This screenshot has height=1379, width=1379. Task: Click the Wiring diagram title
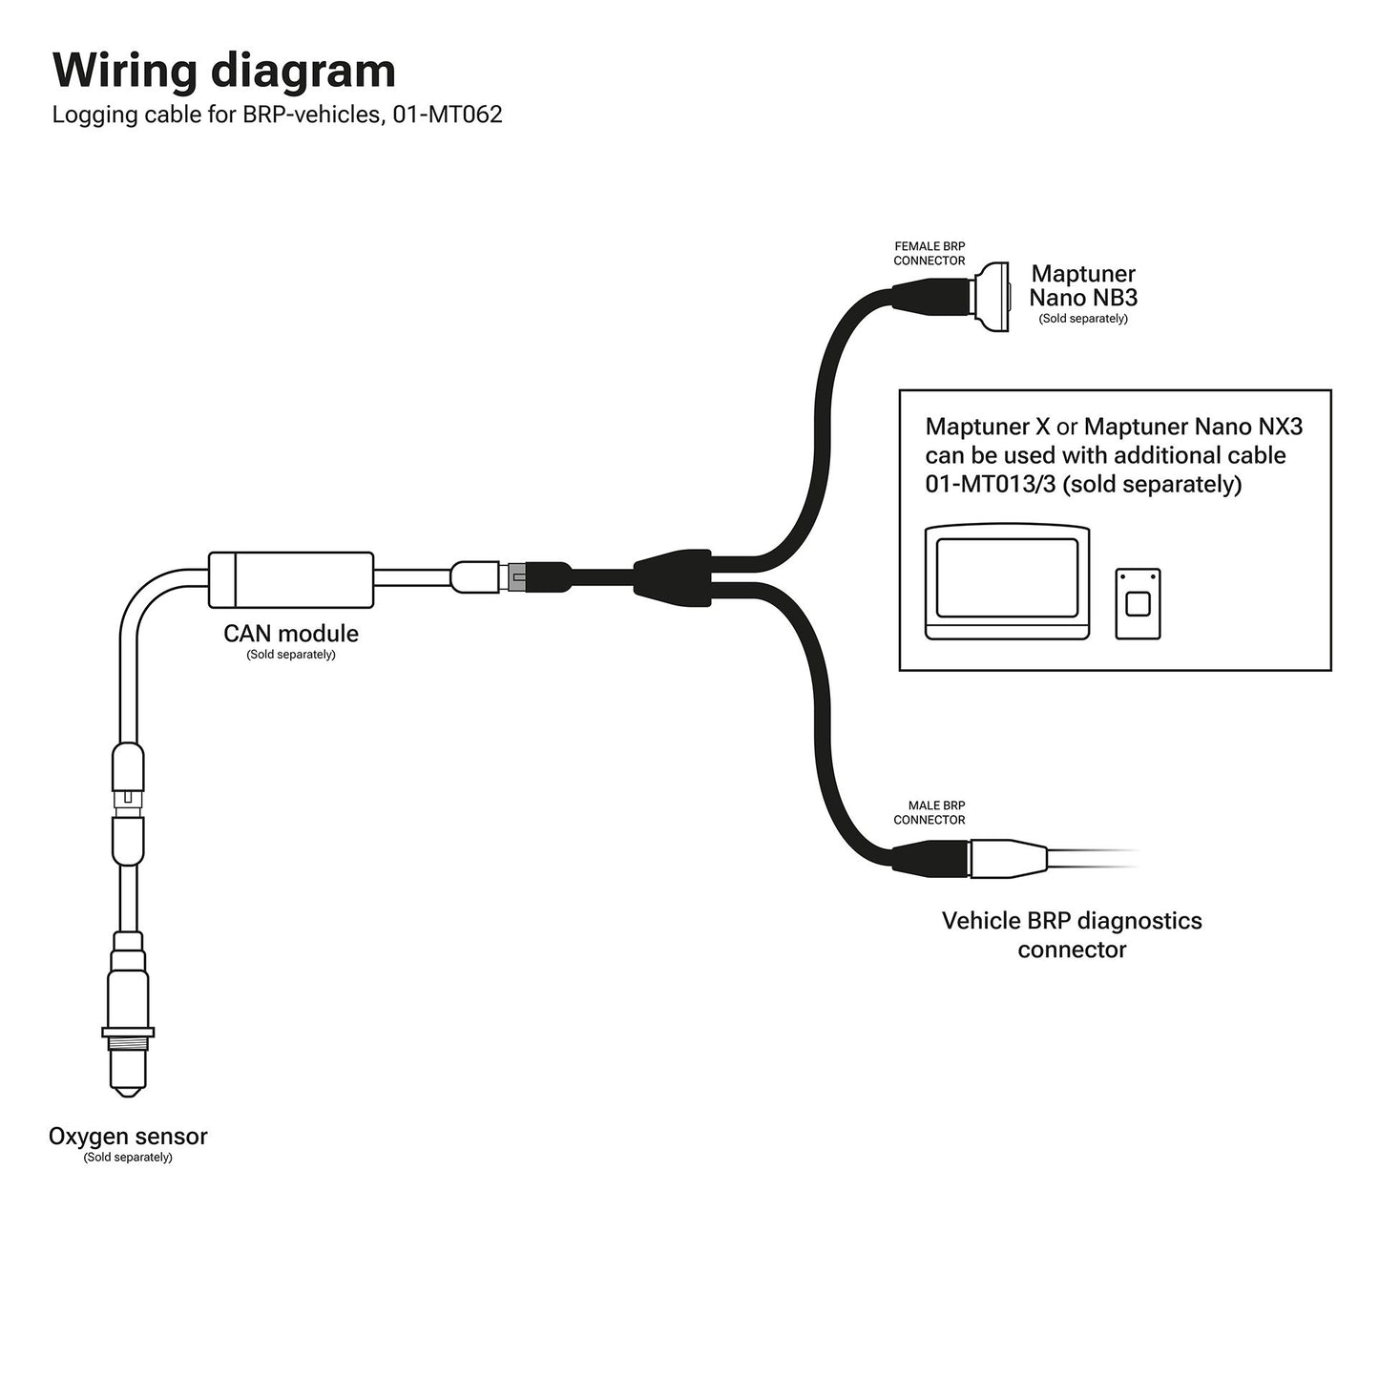click(223, 71)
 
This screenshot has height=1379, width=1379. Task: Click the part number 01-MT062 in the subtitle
click(448, 115)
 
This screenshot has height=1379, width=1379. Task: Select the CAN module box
click(291, 579)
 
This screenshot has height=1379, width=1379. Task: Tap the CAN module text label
click(291, 634)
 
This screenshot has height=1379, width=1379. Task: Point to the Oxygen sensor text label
click(128, 1137)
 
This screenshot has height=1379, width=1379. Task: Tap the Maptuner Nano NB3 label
click(1083, 286)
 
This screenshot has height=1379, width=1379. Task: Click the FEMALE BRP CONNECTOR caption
click(930, 254)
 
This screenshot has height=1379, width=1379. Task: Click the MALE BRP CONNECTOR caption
click(930, 813)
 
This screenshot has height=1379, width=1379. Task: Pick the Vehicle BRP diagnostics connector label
click(1072, 935)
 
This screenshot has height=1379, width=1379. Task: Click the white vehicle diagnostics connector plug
click(1008, 856)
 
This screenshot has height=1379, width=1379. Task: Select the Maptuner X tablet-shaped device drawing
click(1007, 581)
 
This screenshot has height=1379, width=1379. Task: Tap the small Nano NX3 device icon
click(1138, 604)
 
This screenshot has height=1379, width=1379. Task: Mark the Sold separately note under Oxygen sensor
click(128, 1158)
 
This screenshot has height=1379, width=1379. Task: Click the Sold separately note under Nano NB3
click(1083, 319)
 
